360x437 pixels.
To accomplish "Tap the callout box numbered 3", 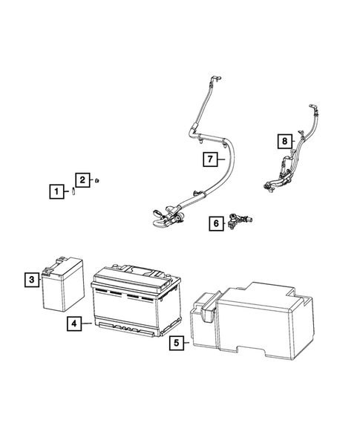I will [x=32, y=280].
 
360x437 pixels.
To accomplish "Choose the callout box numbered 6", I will [x=215, y=222].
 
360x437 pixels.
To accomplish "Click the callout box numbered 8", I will [x=283, y=139].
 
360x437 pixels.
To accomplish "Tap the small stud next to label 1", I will [x=75, y=191].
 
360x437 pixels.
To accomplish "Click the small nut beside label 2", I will [x=99, y=180].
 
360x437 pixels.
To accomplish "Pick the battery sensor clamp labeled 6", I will [x=241, y=220].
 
